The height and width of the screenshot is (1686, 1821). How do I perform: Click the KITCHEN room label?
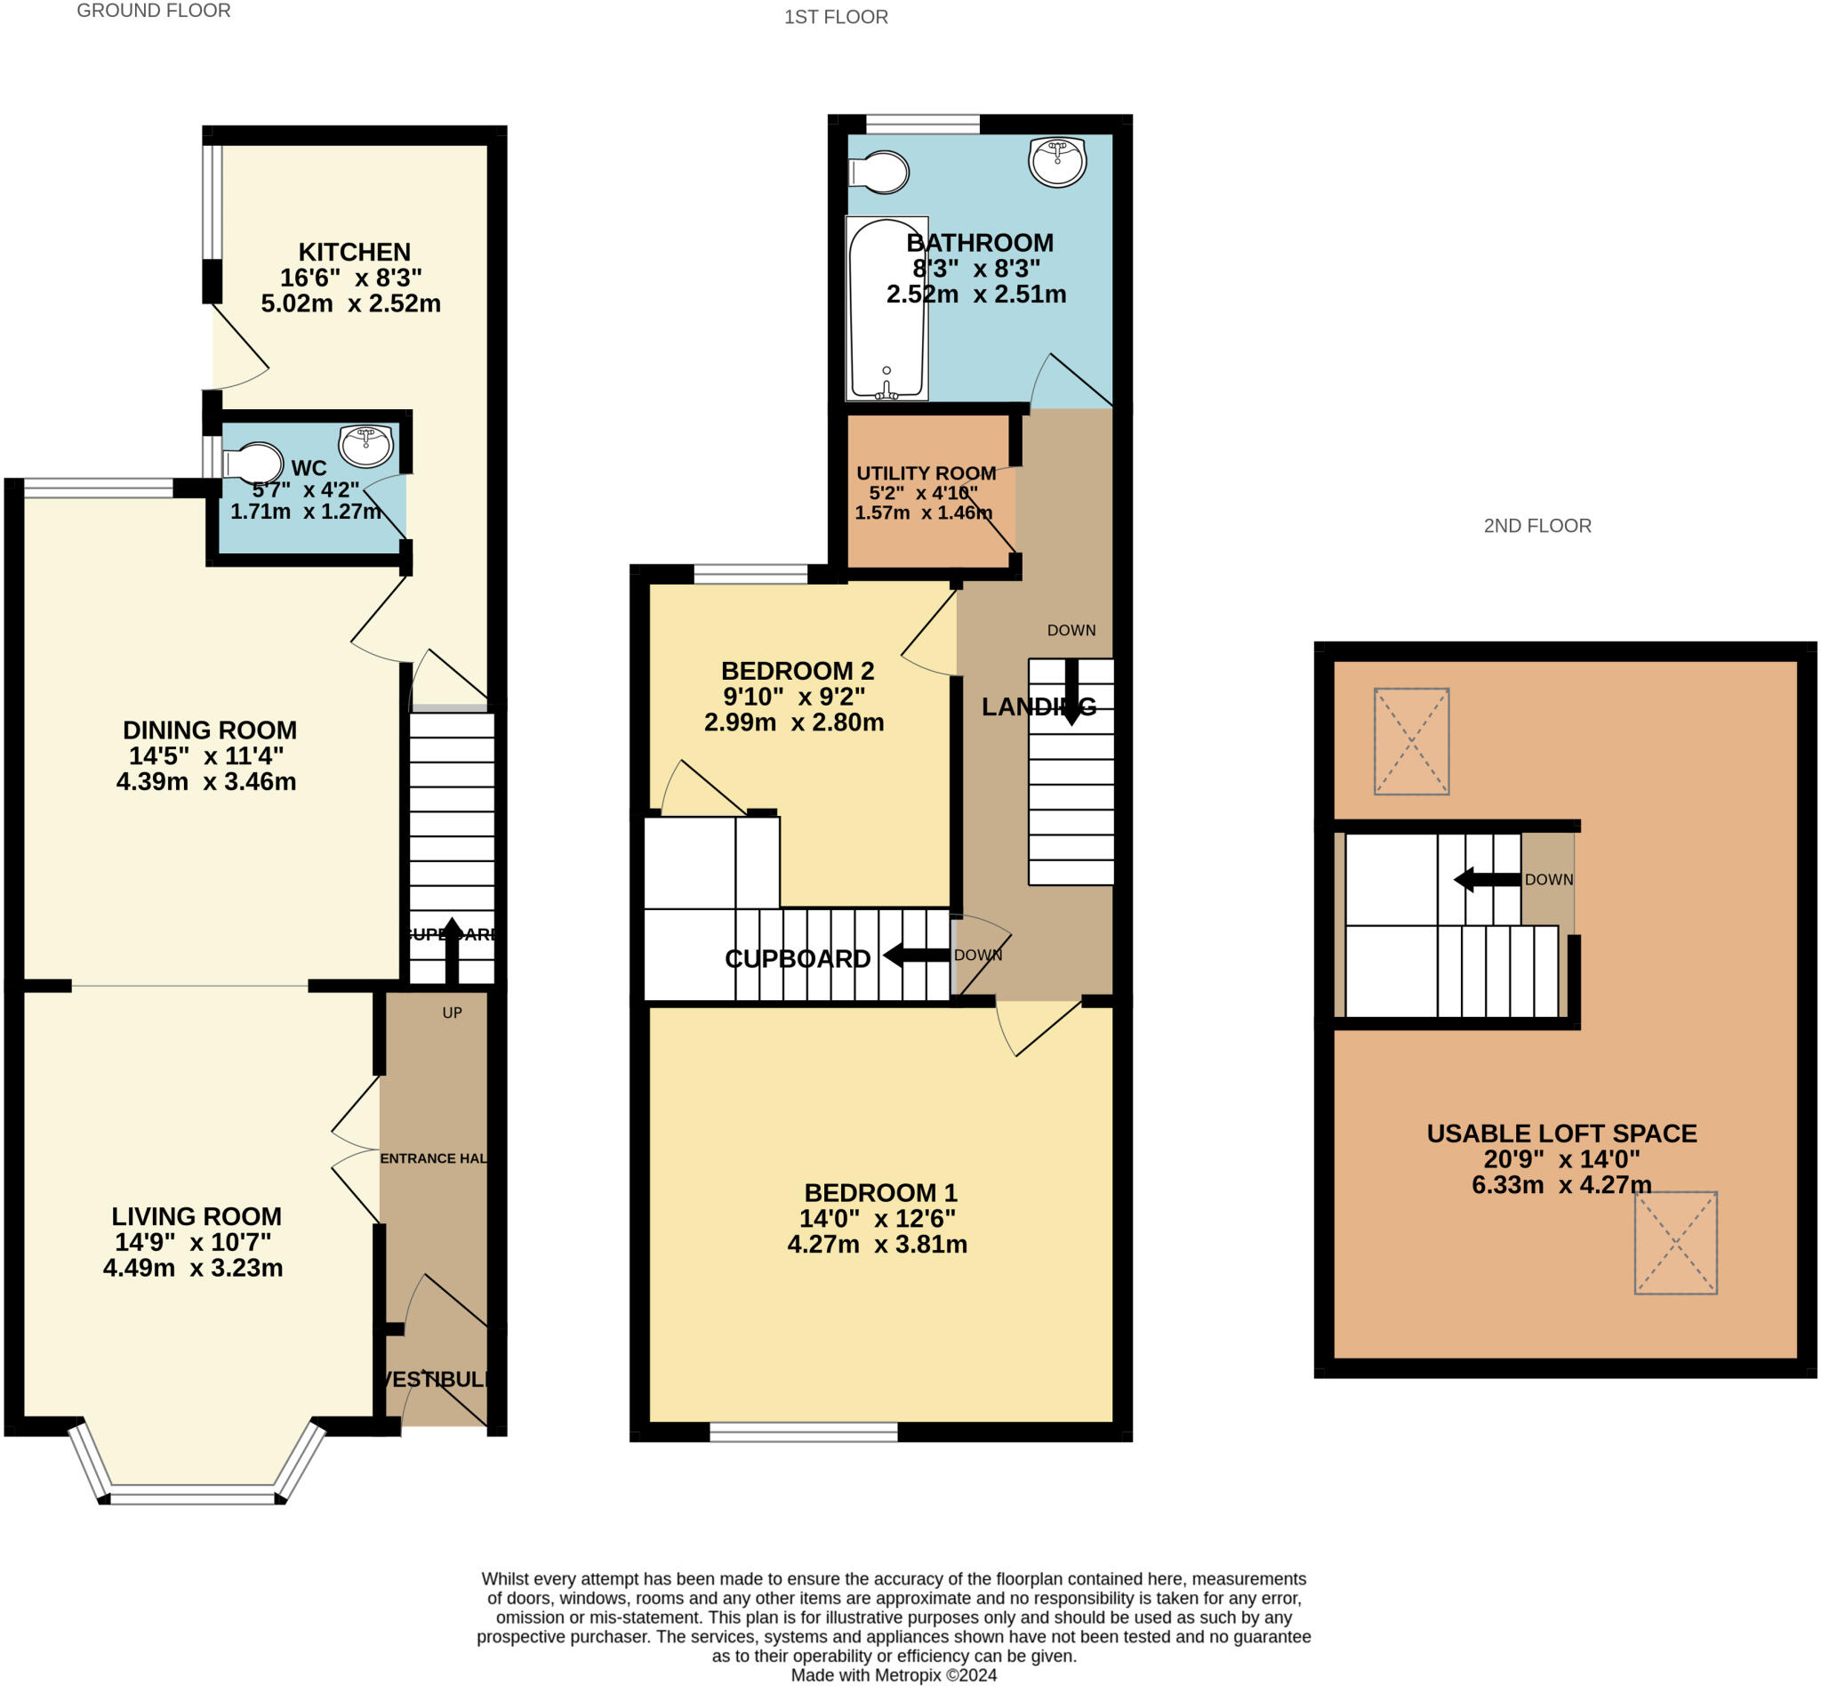354,252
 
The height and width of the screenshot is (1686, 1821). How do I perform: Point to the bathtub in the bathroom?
886,309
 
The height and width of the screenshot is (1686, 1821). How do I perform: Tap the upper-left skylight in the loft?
1411,741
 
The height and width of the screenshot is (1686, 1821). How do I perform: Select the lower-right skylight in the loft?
1675,1242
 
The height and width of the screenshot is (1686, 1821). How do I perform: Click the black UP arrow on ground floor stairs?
452,948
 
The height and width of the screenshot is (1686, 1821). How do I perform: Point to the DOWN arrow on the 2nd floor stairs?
1487,881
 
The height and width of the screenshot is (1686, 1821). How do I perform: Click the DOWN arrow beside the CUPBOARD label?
917,956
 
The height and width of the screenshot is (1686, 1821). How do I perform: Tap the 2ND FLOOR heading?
1536,526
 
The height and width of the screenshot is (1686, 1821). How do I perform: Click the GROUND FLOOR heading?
153,11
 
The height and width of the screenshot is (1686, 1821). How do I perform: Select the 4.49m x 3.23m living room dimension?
192,1268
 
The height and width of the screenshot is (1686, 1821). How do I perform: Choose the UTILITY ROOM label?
926,472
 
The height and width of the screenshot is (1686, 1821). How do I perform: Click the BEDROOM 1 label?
880,1192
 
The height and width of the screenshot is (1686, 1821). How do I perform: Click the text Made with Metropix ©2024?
893,1675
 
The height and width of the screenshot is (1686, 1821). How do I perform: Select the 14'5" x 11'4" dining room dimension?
206,755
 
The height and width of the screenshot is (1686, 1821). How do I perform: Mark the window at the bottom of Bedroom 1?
803,1432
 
